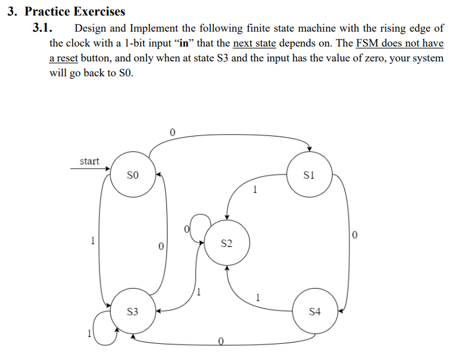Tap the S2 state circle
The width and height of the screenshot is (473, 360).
pos(227,244)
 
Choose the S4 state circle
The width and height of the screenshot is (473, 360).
pos(315,311)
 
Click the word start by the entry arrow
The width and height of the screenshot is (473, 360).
pos(89,161)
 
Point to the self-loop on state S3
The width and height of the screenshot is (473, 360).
pos(102,328)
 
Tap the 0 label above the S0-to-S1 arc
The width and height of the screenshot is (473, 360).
pos(173,132)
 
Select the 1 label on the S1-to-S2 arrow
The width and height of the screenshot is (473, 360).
pos(255,191)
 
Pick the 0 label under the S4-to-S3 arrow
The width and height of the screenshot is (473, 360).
pos(220,341)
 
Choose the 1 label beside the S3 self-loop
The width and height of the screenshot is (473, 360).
pos(88,335)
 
